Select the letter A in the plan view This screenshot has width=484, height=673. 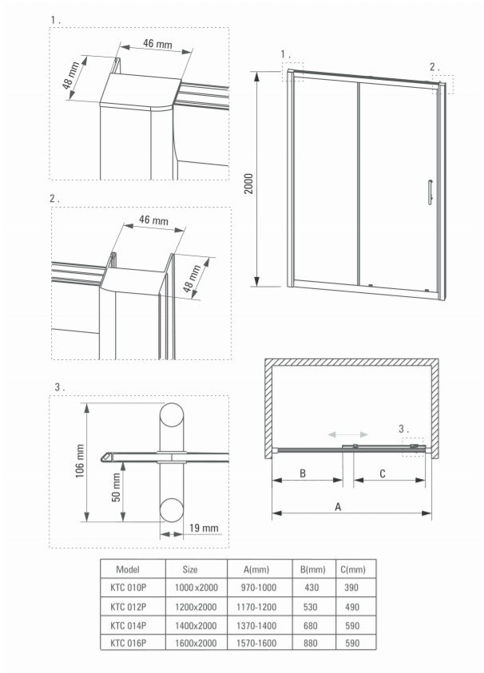(x=337, y=506)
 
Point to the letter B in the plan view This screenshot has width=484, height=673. (x=303, y=473)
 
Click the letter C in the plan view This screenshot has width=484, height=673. (x=382, y=473)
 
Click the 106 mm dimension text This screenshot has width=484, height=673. (x=80, y=461)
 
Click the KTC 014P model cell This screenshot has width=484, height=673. (x=127, y=624)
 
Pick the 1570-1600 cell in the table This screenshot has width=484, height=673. (x=256, y=643)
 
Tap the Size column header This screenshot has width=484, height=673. (x=190, y=569)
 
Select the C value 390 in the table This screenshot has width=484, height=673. (x=353, y=588)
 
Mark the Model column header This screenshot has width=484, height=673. (x=128, y=569)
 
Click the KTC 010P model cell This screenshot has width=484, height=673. (x=127, y=588)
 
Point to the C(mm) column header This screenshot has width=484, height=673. (x=353, y=569)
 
